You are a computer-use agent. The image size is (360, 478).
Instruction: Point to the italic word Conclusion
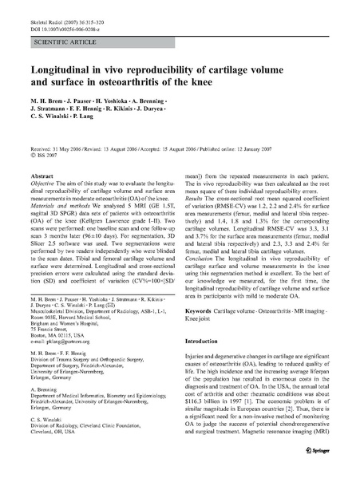pos(202,258)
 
